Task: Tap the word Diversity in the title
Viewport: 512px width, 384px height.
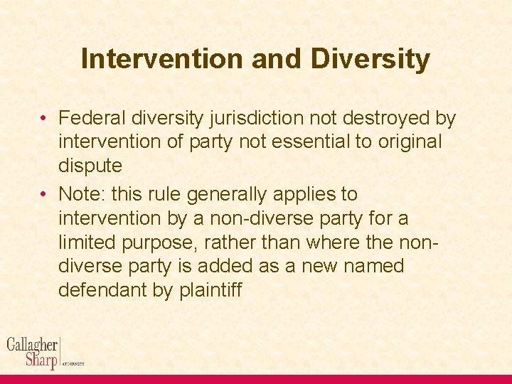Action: (x=370, y=59)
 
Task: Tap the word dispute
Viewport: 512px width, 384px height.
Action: (x=90, y=166)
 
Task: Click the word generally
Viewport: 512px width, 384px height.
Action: (x=224, y=194)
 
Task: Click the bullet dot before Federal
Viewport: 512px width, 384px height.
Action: (x=44, y=118)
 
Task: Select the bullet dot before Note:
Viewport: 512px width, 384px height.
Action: (x=44, y=195)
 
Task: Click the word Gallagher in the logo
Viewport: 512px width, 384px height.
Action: (x=32, y=345)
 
